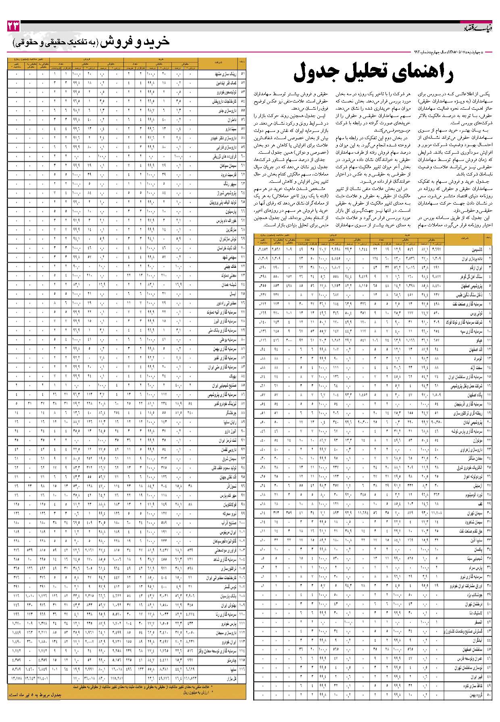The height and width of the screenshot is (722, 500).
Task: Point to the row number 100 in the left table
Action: (x=242, y=523)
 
